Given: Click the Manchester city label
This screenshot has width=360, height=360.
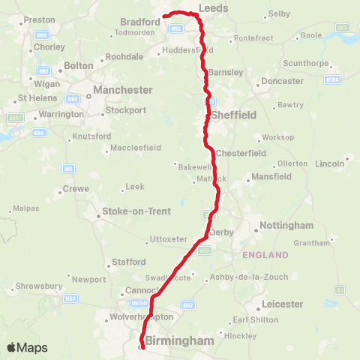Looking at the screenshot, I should click(x=118, y=90).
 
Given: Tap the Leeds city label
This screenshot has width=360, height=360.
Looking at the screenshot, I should click(x=213, y=8).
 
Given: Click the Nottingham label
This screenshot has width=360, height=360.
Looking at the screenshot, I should click(x=286, y=226).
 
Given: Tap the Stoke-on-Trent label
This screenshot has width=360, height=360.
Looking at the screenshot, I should click(x=136, y=211).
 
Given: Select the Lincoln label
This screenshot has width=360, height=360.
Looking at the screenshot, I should click(x=330, y=163).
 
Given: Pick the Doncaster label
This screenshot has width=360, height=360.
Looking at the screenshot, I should click(x=283, y=80).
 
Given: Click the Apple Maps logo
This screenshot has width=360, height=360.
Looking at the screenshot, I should click(x=26, y=347).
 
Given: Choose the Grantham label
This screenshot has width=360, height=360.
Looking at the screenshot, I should click(x=312, y=243).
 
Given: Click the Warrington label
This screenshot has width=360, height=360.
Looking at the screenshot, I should click(x=61, y=115).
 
